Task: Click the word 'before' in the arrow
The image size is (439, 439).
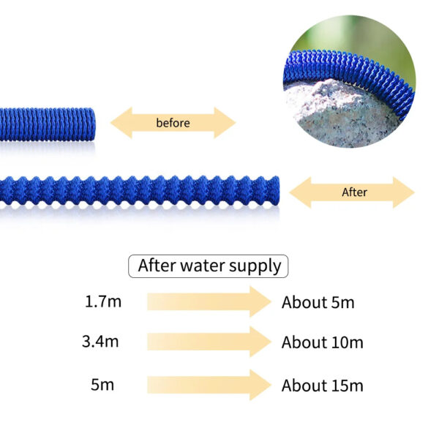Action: [x=173, y=123]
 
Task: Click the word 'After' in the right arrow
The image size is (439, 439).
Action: [x=354, y=192]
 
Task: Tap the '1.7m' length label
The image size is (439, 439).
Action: [x=103, y=301]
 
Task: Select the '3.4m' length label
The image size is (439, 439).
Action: [x=100, y=342]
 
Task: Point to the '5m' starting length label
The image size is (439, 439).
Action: [x=102, y=385]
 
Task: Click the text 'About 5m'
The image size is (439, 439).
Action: [x=318, y=302]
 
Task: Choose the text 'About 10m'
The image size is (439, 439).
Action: [x=322, y=342]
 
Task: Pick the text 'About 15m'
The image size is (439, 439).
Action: [x=322, y=386]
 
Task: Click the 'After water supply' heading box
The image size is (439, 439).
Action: [x=208, y=266]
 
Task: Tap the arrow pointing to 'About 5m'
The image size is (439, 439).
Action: [x=209, y=301]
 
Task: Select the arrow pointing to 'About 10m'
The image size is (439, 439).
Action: [x=209, y=342]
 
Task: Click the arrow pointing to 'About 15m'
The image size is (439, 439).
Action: [x=209, y=385]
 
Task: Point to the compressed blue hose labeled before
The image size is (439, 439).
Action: [x=47, y=124]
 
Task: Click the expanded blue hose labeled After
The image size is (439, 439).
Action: [x=140, y=191]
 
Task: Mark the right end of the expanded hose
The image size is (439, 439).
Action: [x=278, y=191]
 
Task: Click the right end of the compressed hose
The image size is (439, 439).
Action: [x=94, y=124]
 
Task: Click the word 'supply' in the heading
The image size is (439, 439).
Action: [x=255, y=266]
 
